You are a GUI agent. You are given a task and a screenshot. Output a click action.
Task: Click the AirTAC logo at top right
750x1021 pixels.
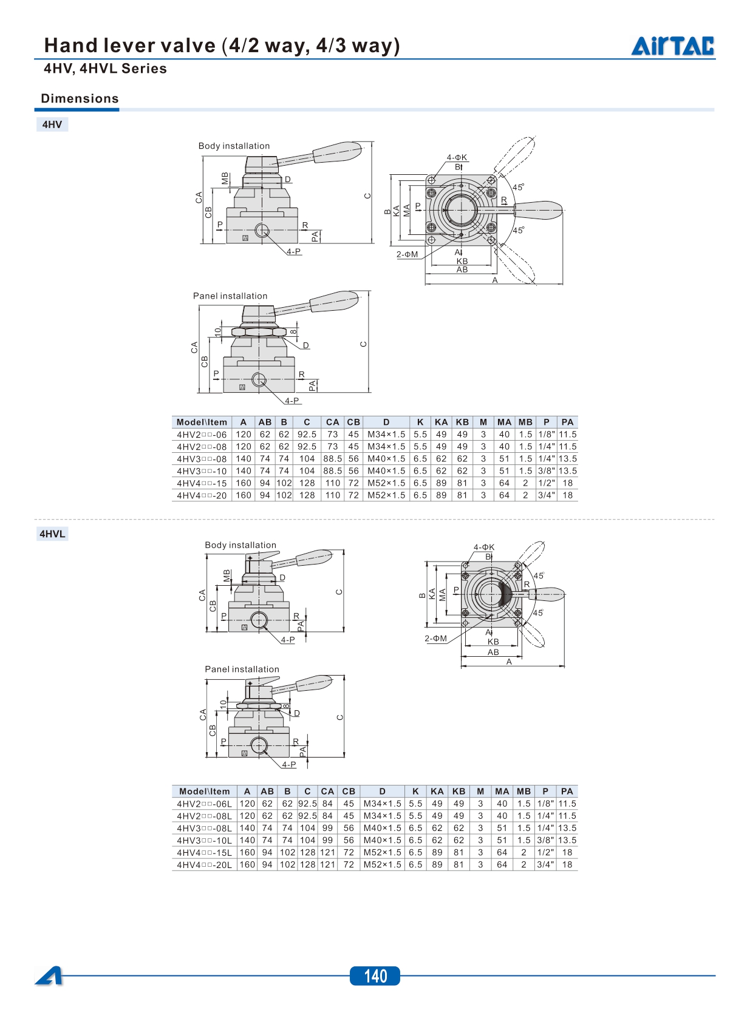tap(672, 46)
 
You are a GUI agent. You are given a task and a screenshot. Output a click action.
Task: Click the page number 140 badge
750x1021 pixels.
tap(375, 975)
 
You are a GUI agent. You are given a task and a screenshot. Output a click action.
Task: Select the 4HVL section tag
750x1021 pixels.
tap(52, 534)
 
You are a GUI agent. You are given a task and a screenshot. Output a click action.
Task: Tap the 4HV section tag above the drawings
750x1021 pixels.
tap(52, 124)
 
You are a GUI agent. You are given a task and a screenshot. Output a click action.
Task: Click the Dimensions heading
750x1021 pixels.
tap(80, 98)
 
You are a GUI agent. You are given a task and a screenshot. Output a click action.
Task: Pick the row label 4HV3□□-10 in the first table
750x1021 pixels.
tap(202, 471)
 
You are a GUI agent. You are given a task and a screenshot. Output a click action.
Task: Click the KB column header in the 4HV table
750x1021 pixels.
tap(462, 422)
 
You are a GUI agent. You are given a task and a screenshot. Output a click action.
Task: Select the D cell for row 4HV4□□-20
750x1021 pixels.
tap(386, 495)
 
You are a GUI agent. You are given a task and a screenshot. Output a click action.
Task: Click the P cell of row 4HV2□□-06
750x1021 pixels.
tap(547, 435)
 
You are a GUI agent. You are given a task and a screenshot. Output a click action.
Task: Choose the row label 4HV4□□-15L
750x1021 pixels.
tap(204, 853)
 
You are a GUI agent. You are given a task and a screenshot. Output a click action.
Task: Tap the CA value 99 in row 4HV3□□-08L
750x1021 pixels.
tap(327, 828)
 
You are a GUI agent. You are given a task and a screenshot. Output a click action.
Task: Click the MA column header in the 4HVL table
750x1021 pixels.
tap(502, 792)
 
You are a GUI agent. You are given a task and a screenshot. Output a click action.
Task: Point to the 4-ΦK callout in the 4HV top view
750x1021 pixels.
tap(457, 158)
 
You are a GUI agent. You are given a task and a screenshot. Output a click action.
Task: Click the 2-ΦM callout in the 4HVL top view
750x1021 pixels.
tap(435, 639)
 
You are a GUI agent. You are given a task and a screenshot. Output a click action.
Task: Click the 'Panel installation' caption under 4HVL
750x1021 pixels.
tap(242, 669)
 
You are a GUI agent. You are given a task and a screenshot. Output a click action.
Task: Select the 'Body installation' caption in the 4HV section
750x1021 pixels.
tap(234, 146)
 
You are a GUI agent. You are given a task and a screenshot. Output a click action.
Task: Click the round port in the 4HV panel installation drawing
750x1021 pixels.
tap(259, 380)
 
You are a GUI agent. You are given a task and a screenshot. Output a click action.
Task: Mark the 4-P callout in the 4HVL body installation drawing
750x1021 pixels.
tap(288, 640)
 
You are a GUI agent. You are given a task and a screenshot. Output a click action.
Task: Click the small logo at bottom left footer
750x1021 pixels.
tap(49, 975)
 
